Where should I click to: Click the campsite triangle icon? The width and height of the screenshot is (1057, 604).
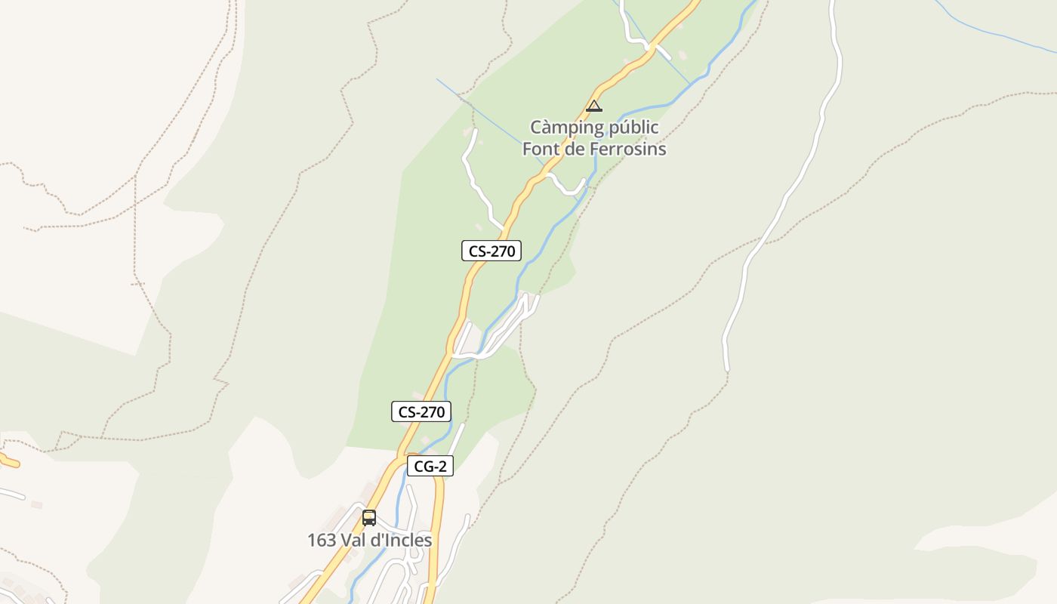point(594,106)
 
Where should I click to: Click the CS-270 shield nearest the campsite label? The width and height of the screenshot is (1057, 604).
point(492,251)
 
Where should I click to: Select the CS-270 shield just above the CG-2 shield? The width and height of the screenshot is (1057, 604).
point(421,411)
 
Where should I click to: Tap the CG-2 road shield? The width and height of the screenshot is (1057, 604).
point(430,466)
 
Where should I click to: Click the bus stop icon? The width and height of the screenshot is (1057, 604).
point(369,518)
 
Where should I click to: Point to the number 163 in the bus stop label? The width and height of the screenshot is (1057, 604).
point(321,541)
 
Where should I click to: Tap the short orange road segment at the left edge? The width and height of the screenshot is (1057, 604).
point(9,460)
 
